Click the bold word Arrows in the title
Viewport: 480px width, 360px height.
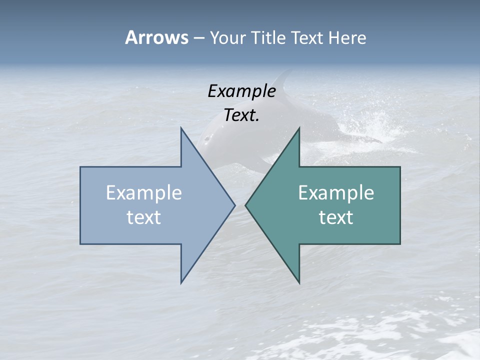(x=156, y=37)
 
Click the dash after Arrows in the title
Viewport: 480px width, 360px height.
(x=198, y=38)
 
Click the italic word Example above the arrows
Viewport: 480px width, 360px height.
(x=241, y=91)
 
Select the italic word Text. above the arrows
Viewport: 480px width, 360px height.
(x=241, y=115)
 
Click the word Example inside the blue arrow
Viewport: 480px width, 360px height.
(x=144, y=192)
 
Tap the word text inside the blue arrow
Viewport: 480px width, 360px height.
(x=144, y=217)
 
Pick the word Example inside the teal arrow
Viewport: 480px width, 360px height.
(x=336, y=192)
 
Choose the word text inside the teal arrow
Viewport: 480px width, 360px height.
(x=336, y=217)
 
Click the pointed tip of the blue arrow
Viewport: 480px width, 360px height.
(x=234, y=205)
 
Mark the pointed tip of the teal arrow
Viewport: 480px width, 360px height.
(x=246, y=205)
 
